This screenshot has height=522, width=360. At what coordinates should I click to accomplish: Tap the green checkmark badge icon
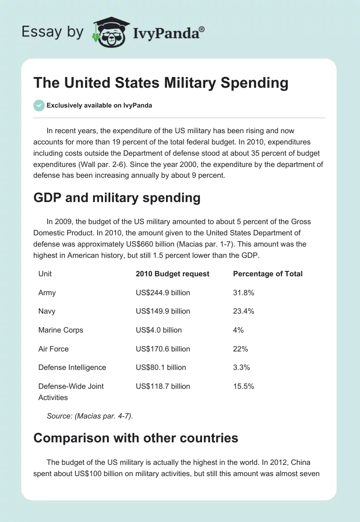click(x=39, y=105)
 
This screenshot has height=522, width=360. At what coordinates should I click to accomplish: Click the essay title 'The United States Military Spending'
click(x=161, y=83)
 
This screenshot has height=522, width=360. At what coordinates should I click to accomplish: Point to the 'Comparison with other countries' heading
click(x=136, y=437)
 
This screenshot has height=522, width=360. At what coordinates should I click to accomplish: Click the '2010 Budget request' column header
click(x=172, y=274)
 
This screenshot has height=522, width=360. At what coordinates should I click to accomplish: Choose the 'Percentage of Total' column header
click(x=268, y=274)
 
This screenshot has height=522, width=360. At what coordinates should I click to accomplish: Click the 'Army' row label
click(x=47, y=292)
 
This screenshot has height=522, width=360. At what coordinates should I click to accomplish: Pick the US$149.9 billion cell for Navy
click(x=163, y=311)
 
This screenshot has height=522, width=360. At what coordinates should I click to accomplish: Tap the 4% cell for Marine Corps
click(x=238, y=330)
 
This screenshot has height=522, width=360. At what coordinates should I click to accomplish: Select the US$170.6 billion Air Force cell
click(x=163, y=349)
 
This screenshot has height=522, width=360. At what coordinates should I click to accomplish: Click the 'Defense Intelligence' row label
click(x=72, y=367)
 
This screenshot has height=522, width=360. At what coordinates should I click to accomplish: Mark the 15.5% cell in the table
click(x=243, y=386)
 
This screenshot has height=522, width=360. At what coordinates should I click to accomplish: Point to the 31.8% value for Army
click(x=243, y=292)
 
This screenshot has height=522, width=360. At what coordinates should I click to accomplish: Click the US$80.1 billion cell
click(x=161, y=367)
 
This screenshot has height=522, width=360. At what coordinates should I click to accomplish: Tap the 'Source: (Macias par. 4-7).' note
click(x=90, y=416)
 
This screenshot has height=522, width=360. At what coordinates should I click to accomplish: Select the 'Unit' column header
click(x=45, y=274)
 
